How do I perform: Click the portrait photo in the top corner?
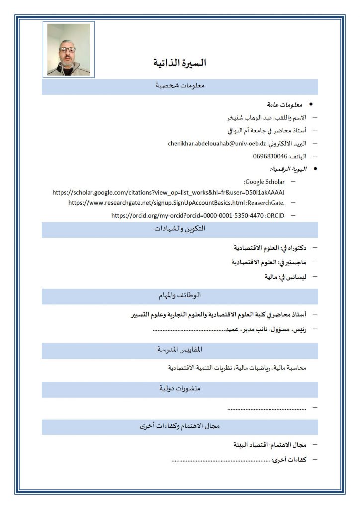(x=69, y=49)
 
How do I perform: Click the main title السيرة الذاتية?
(x=180, y=63)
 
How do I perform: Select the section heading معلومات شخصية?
(x=180, y=86)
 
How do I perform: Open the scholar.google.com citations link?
(x=171, y=192)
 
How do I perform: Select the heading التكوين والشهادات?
(x=180, y=229)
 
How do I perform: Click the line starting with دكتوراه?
(x=271, y=248)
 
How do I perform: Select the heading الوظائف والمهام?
(x=180, y=295)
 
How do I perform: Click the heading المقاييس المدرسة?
(x=180, y=350)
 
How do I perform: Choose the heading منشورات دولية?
(x=180, y=389)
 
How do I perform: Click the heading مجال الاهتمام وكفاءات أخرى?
(x=180, y=426)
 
